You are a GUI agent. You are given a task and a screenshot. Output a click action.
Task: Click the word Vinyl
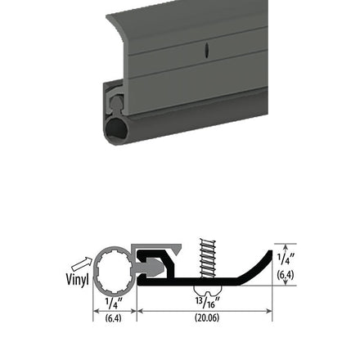77,279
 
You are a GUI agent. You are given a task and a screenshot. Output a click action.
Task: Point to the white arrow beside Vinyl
82,263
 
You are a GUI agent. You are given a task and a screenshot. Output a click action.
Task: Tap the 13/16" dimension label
208,302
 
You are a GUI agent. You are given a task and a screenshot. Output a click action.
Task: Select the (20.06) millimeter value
207,317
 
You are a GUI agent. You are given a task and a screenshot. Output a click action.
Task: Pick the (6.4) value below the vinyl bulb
113,318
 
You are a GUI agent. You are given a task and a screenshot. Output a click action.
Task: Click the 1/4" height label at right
286,259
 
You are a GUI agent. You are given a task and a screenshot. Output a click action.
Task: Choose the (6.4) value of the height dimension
286,275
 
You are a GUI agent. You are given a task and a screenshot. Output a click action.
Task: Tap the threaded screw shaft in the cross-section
208,258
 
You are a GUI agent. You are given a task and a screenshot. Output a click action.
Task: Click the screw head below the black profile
208,290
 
